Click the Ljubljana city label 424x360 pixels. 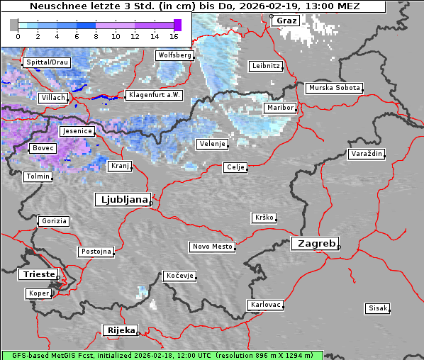(x=122, y=200)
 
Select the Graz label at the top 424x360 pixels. (x=286, y=21)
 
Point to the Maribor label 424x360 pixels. (x=279, y=108)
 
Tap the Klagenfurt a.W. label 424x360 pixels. (x=154, y=95)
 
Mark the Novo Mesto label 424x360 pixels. (x=212, y=247)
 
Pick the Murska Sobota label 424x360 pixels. (x=334, y=89)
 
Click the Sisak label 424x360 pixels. (x=377, y=308)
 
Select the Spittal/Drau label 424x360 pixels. (x=46, y=62)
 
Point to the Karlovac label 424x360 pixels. (x=266, y=305)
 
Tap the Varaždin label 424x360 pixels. (x=367, y=154)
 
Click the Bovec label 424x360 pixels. (x=42, y=148)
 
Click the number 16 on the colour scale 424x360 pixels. (x=174, y=35)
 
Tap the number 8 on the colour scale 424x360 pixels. (x=96, y=35)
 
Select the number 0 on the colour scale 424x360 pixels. (x=17, y=35)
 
